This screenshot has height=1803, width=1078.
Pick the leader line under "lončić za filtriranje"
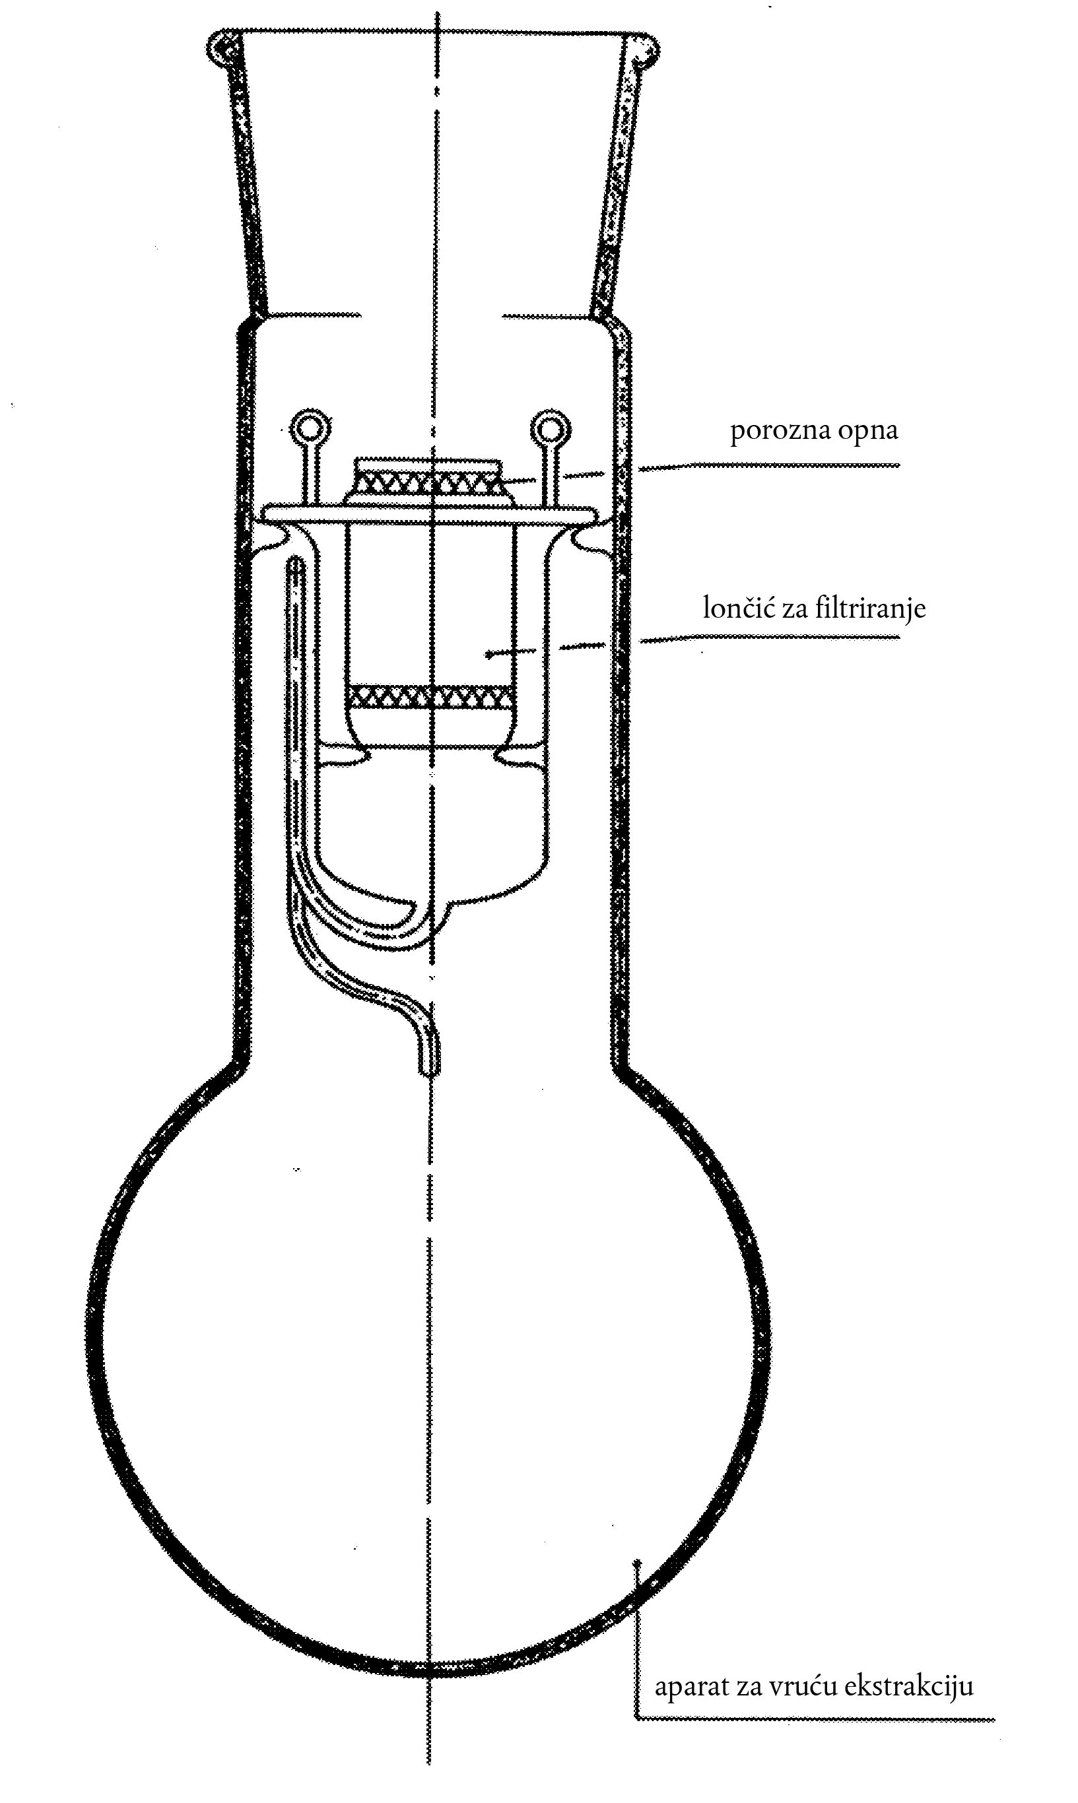tap(770, 638)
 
